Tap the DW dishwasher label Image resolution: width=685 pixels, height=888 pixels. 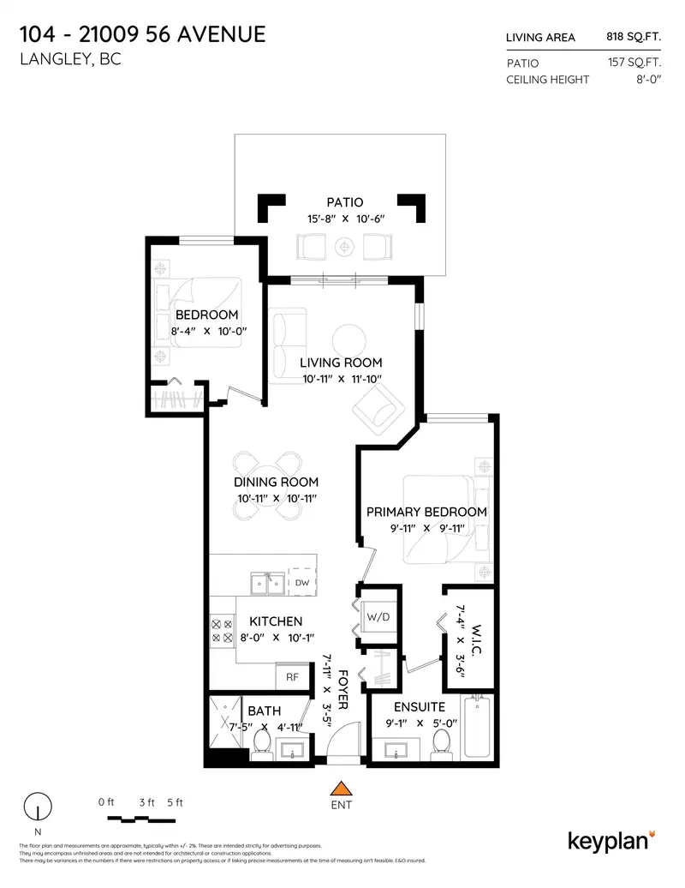tap(301, 583)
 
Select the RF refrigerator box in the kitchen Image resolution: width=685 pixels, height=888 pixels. tap(292, 675)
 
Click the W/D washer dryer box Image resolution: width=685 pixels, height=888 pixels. tap(377, 617)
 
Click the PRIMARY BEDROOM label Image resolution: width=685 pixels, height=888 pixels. tap(426, 512)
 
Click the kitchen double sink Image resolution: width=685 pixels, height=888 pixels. tap(267, 585)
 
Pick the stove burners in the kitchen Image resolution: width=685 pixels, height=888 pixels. tap(222, 632)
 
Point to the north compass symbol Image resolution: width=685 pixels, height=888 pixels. tap(37, 808)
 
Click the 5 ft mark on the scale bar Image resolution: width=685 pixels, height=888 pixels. tap(175, 802)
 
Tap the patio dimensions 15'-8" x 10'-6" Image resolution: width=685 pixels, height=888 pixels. tap(340, 219)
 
